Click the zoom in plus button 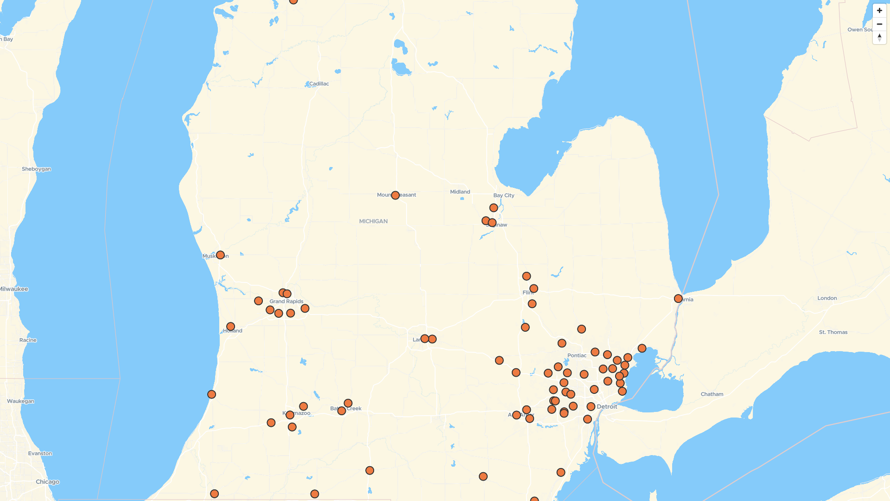click(879, 11)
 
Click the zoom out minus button click(879, 24)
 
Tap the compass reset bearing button click(879, 38)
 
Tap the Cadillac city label click(319, 84)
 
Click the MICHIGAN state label click(373, 221)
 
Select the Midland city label click(460, 192)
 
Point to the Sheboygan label click(36, 169)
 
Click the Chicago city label click(47, 482)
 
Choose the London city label click(827, 298)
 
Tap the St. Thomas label click(833, 332)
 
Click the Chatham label click(712, 394)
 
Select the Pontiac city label click(577, 355)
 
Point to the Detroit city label click(607, 407)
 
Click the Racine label click(28, 340)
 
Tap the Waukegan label click(20, 401)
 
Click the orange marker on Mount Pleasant click(395, 195)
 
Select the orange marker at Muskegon click(220, 255)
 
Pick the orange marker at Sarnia click(678, 299)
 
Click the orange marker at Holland click(230, 327)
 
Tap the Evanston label click(40, 454)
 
